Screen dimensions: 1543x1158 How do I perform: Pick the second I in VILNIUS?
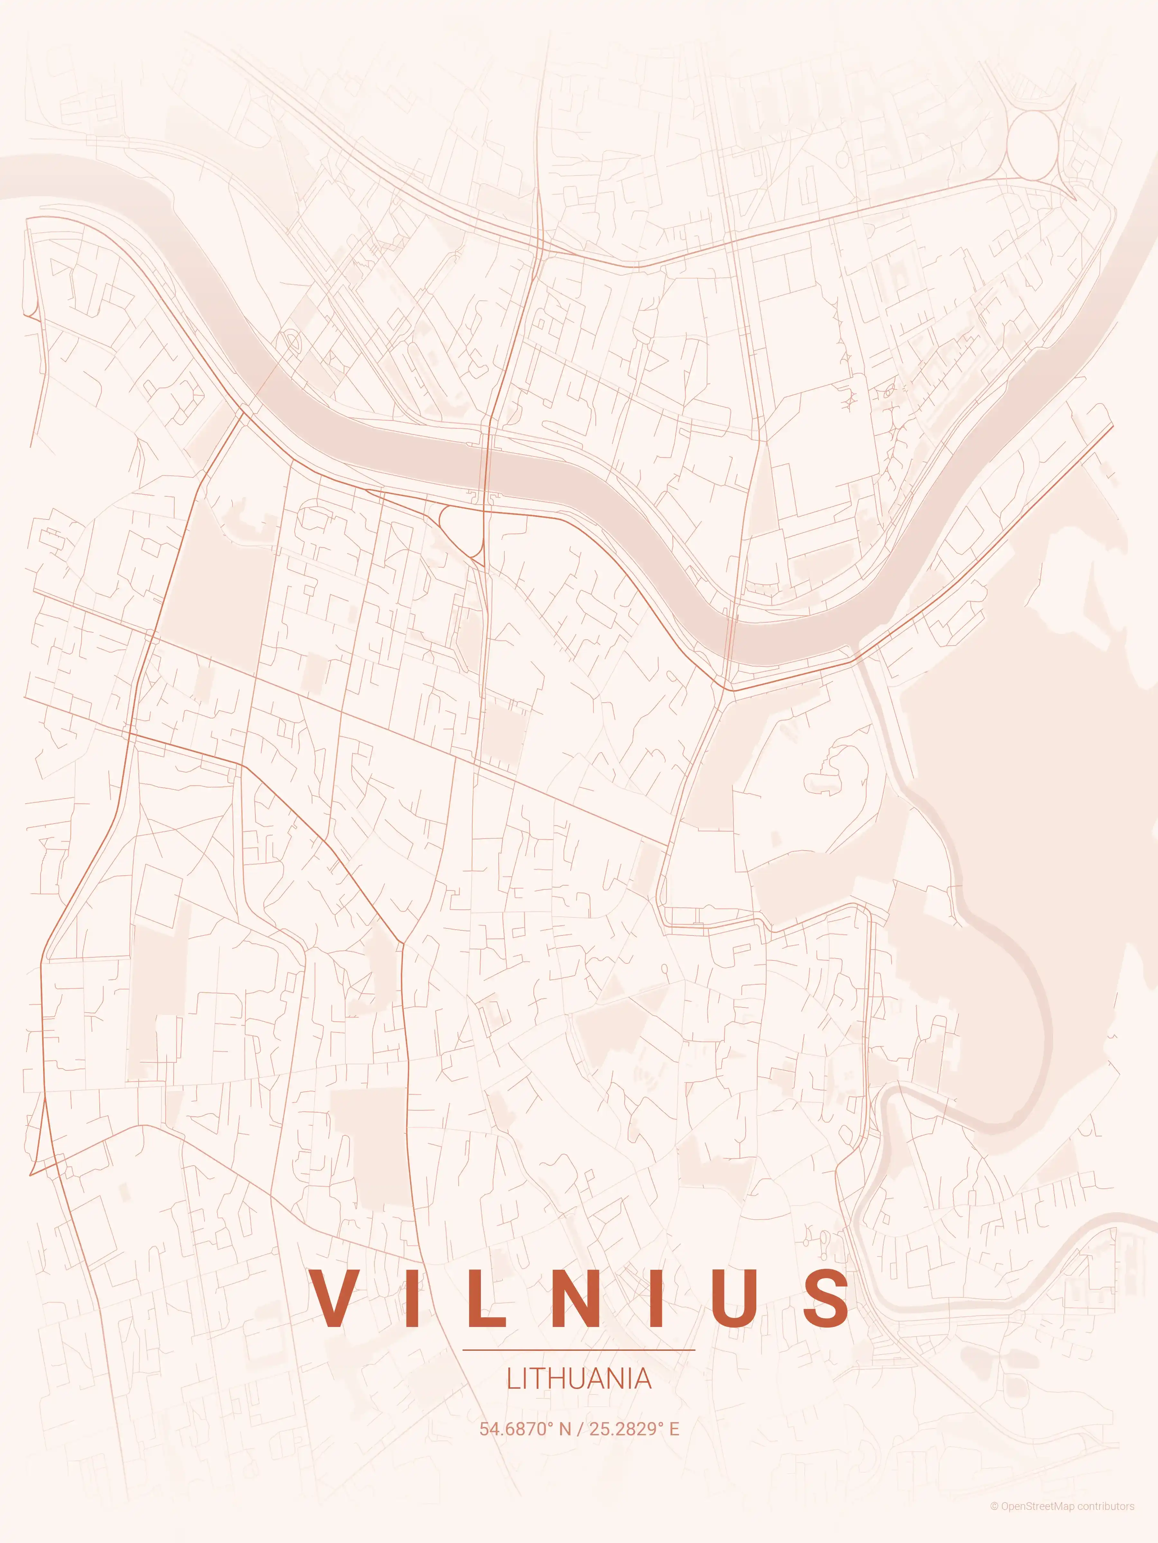[656, 1297]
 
